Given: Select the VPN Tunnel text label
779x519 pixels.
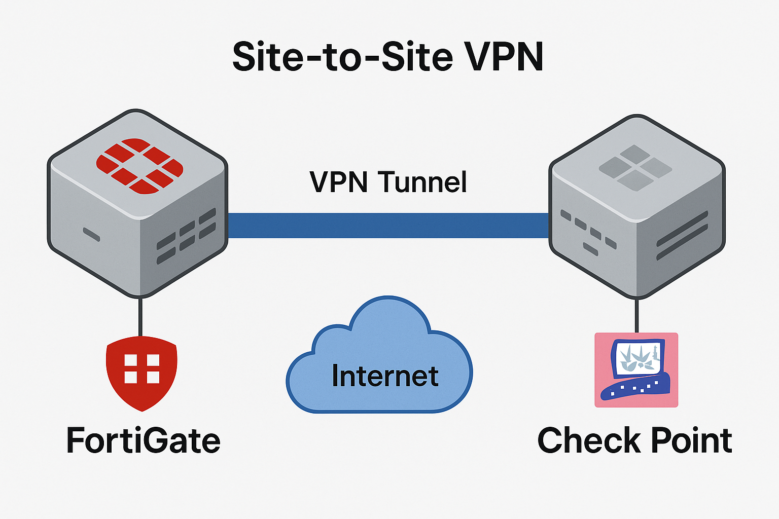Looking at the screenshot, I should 388,182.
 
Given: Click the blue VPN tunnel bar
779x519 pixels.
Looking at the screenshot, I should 388,226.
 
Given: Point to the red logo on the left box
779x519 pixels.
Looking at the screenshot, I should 139,166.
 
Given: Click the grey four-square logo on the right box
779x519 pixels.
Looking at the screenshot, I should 635,167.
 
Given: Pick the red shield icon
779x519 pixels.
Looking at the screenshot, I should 141,373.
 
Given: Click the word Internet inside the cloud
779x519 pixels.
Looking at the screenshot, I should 385,376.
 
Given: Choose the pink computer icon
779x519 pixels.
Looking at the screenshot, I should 636,369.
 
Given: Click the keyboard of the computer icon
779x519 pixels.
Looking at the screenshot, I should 634,389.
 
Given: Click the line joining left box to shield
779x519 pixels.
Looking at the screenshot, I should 140,317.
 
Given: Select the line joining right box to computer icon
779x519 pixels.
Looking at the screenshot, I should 636,315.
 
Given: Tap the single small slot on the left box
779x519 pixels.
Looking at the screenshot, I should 91,235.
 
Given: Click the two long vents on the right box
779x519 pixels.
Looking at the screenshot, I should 682,236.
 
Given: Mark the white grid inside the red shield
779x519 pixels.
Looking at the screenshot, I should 142,368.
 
